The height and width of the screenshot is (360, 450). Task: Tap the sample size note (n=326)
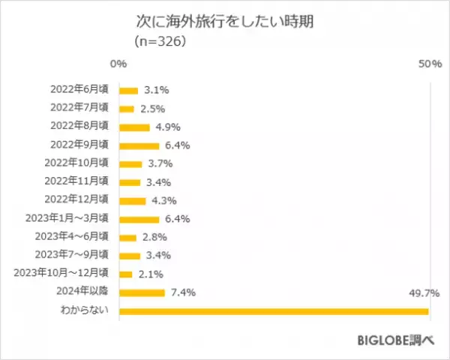[x=160, y=42]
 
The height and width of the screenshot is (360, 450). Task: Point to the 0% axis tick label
[x=118, y=66]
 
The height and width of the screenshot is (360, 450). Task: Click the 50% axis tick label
[x=428, y=66]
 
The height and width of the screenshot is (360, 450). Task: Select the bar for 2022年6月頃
[x=128, y=91]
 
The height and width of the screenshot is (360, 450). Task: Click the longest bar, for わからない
[x=274, y=310]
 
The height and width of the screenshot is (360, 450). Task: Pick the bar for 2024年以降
[x=142, y=292]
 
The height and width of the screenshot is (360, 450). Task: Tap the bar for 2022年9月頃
[x=139, y=145]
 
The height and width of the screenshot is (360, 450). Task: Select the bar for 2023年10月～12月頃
[x=126, y=274]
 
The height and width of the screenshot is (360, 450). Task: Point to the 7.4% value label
[x=183, y=292]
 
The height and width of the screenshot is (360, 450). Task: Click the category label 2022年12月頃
[x=78, y=200]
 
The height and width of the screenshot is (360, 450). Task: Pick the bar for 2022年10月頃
[x=130, y=163]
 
